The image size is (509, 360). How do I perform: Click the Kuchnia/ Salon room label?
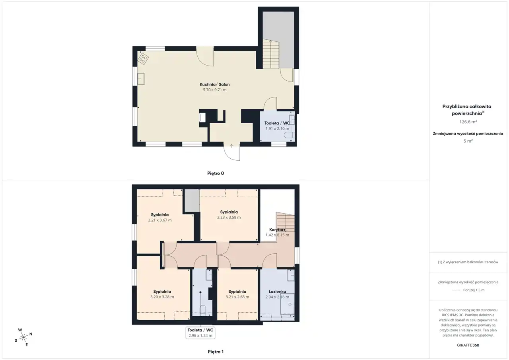pyautogui.click(x=215, y=84)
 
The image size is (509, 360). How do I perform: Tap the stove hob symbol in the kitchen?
pyautogui.click(x=143, y=58)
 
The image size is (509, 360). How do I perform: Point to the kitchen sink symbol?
pyautogui.click(x=141, y=79)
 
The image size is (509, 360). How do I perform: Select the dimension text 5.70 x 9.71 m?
pyautogui.click(x=215, y=90)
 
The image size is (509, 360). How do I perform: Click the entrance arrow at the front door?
pyautogui.click(x=231, y=146)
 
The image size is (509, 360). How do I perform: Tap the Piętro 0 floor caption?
pyautogui.click(x=216, y=173)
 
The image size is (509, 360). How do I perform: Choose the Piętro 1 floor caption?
pyautogui.click(x=216, y=352)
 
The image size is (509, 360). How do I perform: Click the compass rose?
pyautogui.click(x=23, y=337)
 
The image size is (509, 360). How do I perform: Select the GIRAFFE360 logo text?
pyautogui.click(x=468, y=345)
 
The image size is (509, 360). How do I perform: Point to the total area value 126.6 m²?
pyautogui.click(x=468, y=122)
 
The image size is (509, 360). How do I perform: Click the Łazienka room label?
pyautogui.click(x=277, y=291)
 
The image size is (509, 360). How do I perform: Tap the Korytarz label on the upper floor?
pyautogui.click(x=277, y=230)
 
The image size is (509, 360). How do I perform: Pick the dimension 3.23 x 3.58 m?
pyautogui.click(x=229, y=217)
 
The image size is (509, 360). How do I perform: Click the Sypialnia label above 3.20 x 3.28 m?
pyautogui.click(x=162, y=291)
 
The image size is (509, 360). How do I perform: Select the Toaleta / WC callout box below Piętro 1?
pyautogui.click(x=200, y=333)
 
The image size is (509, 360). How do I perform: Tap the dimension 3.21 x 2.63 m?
pyautogui.click(x=237, y=297)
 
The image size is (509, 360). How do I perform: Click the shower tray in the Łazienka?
pyautogui.click(x=287, y=304)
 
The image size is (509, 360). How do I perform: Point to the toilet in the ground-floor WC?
pyautogui.click(x=289, y=135)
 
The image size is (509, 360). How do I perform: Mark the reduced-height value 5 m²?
pyautogui.click(x=468, y=141)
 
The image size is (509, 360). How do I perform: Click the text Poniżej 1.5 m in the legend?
pyautogui.click(x=474, y=290)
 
